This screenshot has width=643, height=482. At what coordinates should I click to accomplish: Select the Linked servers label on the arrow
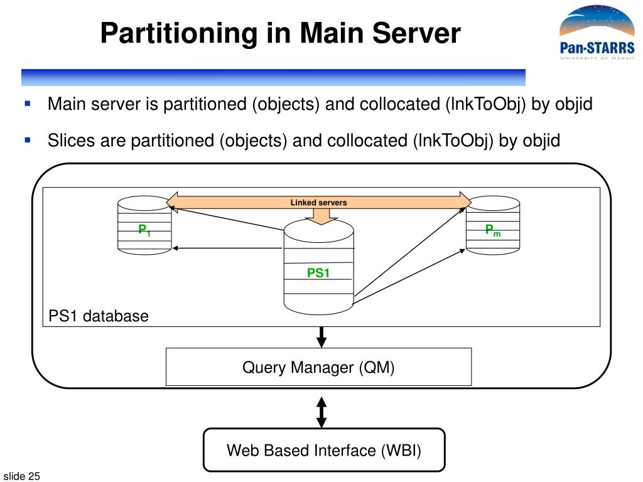[x=318, y=203]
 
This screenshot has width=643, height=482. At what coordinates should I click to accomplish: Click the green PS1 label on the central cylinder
[x=318, y=273]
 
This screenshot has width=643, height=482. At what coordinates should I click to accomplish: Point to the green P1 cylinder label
[x=144, y=230]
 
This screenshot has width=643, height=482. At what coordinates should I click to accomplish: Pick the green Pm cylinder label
[x=492, y=230]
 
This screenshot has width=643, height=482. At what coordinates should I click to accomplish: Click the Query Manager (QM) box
[x=318, y=367]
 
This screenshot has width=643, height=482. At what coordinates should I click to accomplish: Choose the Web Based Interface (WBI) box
[x=323, y=450]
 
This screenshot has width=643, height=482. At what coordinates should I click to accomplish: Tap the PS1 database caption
[x=99, y=316]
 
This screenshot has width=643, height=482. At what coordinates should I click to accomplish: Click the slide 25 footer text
[x=22, y=477]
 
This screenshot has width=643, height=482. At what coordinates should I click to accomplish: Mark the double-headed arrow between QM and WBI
[x=321, y=412]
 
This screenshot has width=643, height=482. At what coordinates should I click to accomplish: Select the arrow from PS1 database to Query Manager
[x=321, y=337]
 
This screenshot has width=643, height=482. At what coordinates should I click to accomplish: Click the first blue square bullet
[x=28, y=102]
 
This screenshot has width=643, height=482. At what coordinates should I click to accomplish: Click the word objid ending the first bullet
[x=573, y=104]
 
